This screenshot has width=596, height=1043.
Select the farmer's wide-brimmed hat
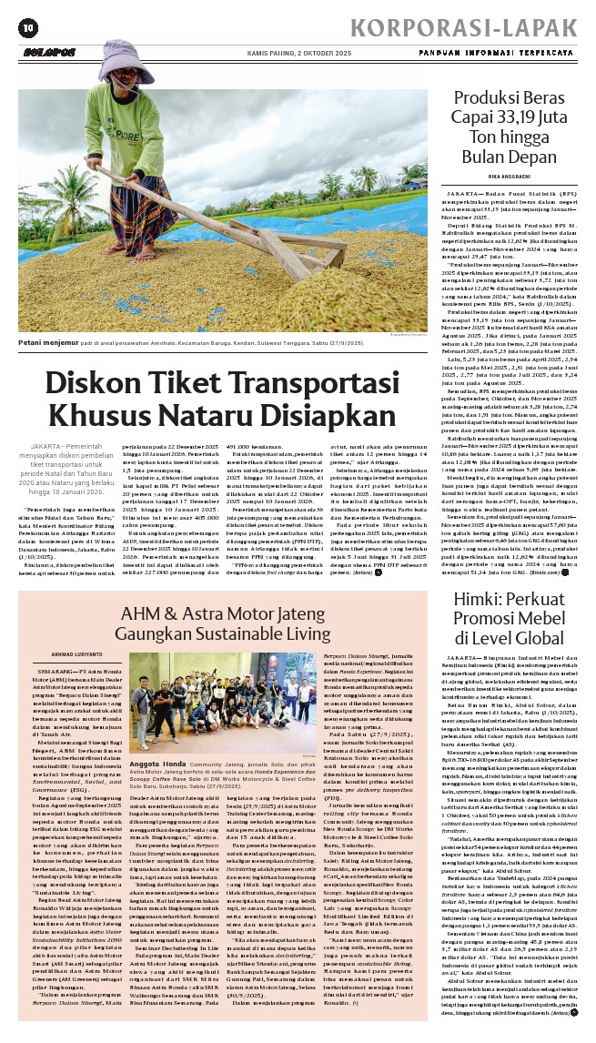coord(116,55)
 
